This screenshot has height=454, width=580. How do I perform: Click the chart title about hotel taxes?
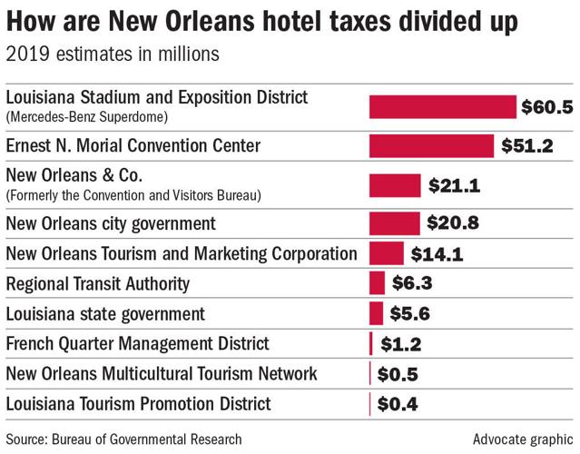pyautogui.click(x=263, y=21)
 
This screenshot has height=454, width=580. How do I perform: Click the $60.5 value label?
pyautogui.click(x=546, y=107)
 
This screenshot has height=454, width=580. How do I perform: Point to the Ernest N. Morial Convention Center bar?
pyautogui.click(x=431, y=145)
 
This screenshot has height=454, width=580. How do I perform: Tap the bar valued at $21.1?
pyautogui.click(x=395, y=185)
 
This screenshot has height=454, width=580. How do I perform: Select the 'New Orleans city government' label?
pyautogui.click(x=111, y=223)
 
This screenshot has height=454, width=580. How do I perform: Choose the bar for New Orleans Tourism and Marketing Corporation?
pyautogui.click(x=386, y=253)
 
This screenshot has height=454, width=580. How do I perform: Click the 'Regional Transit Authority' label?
pyautogui.click(x=98, y=283)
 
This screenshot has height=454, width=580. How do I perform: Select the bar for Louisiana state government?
pyautogui.click(x=376, y=313)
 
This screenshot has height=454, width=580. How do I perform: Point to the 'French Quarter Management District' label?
pyautogui.click(x=137, y=343)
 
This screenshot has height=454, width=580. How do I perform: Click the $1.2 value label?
pyautogui.click(x=398, y=343)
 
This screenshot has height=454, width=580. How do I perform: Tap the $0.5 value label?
pyautogui.click(x=397, y=373)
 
